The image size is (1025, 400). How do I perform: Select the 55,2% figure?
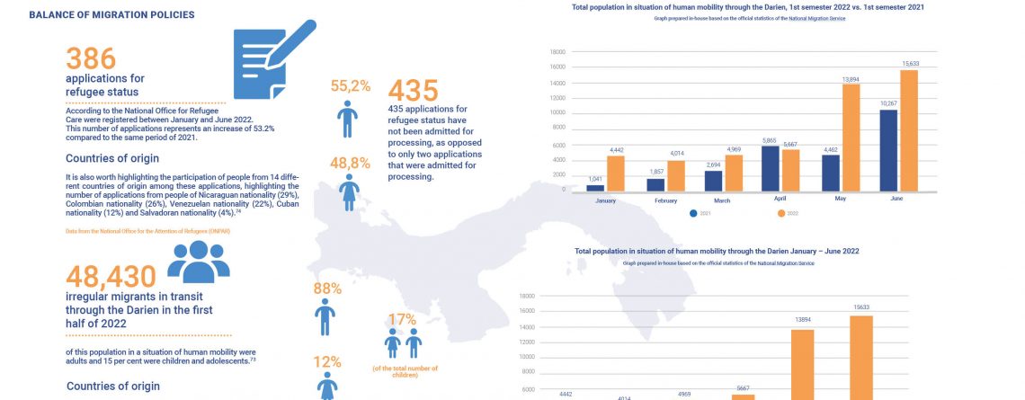351,86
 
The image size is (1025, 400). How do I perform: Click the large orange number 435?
413,92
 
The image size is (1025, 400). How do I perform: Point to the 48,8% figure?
351,163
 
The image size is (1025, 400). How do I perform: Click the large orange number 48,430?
111,277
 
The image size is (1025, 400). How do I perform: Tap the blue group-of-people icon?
198,262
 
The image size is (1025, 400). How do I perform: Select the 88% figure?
326,289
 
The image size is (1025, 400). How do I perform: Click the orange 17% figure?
403,319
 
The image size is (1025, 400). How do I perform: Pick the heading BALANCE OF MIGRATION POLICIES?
111,15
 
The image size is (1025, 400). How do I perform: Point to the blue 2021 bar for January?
595,187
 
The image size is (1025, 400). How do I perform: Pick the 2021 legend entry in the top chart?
700,214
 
